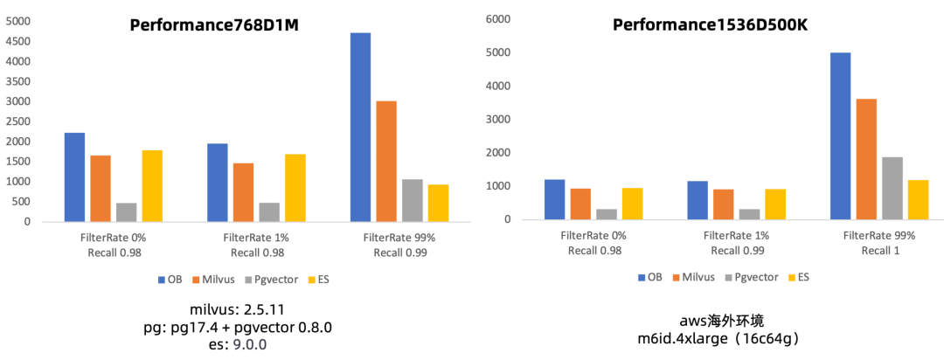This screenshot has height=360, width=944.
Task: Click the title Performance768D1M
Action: [213, 24]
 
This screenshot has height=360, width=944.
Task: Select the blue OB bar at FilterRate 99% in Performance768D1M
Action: [360, 127]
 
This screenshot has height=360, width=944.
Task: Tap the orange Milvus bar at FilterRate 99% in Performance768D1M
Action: [386, 161]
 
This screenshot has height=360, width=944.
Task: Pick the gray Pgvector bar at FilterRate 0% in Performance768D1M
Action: [127, 212]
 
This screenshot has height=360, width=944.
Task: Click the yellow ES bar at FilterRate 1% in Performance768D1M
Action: [295, 188]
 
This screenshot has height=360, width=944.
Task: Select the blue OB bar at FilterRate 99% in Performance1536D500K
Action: [840, 135]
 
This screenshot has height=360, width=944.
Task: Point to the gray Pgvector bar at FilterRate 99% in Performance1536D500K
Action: [892, 188]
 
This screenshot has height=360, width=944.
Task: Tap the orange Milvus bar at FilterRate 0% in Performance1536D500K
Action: [581, 204]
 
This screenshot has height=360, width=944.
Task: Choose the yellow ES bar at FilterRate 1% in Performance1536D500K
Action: [775, 204]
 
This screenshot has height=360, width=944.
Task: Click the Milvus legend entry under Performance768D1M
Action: [211, 280]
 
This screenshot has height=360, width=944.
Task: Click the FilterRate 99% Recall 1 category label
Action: [878, 244]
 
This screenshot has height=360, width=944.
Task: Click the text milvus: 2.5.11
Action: [236, 310]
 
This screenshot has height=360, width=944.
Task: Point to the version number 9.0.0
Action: [249, 345]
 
